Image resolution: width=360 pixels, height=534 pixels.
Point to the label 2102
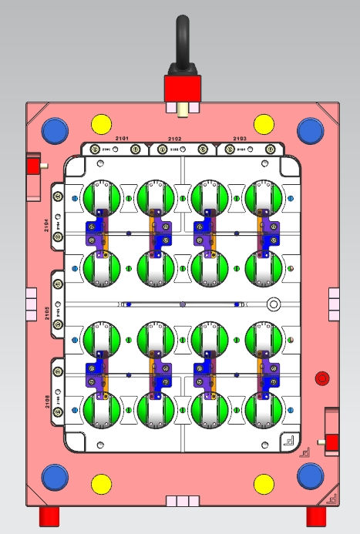(175, 139)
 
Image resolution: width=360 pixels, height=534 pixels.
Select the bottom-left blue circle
(56, 478)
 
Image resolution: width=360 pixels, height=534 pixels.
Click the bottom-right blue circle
(310, 478)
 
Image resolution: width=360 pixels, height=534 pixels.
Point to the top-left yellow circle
(101, 123)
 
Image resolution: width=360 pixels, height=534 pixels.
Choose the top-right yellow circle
(263, 123)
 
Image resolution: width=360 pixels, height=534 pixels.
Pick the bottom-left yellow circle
(101, 484)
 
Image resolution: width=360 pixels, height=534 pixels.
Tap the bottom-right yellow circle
(263, 484)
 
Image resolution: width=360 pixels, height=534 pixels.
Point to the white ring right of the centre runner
(272, 304)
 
